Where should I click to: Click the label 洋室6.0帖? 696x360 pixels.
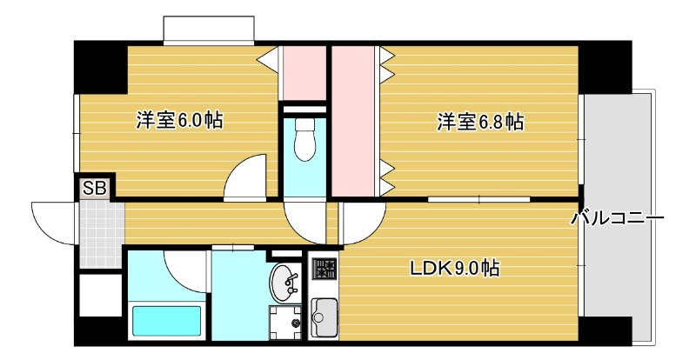(x=179, y=121)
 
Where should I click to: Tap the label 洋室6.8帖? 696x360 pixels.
(x=479, y=122)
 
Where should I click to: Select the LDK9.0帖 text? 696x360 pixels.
(x=454, y=269)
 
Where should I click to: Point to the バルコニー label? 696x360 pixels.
(x=618, y=218)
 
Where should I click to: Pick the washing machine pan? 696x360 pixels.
(x=284, y=322)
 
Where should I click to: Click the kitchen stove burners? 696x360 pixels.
(x=324, y=271)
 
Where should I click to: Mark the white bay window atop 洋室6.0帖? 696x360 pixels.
(x=209, y=28)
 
